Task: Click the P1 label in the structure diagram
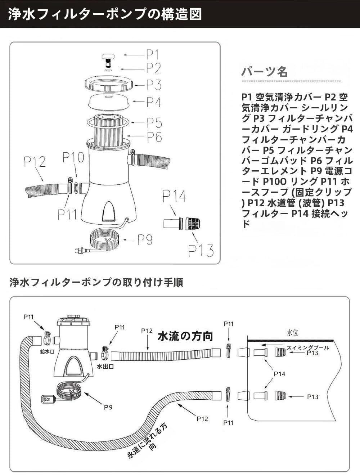point(152,55)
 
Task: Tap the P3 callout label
point(154,85)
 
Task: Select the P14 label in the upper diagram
point(174,197)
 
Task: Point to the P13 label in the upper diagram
point(201,251)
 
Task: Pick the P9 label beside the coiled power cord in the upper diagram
point(145,239)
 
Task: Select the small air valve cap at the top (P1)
point(107,57)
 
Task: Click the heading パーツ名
point(264,72)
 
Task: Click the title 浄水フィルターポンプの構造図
point(104,14)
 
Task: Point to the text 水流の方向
point(185,336)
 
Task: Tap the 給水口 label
point(47,351)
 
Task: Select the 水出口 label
point(105,367)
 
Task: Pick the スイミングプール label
point(308,347)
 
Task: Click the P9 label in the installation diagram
point(108,407)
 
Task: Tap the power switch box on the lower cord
point(48,399)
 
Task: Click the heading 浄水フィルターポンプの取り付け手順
point(96,282)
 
